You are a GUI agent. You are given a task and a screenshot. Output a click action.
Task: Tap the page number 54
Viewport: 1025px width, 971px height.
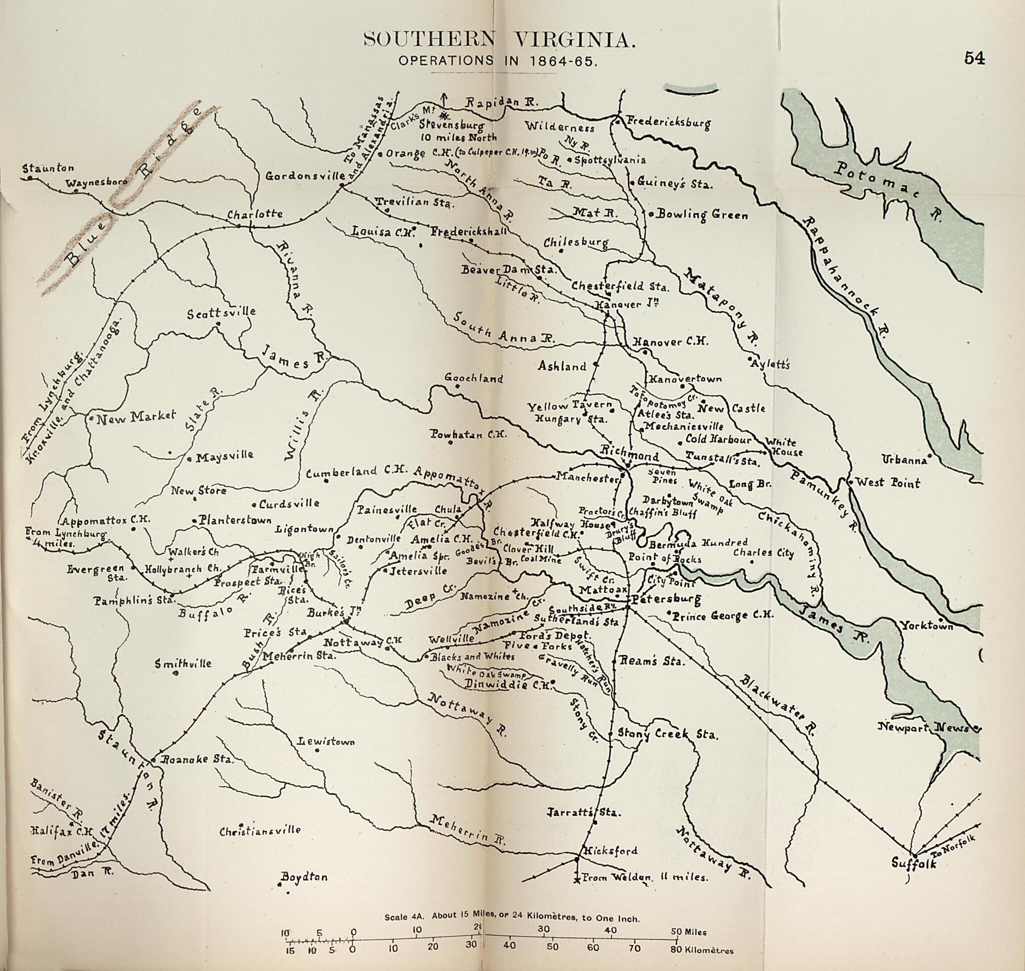[974, 59]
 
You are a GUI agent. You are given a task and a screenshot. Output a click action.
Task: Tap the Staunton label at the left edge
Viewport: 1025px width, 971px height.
[48, 168]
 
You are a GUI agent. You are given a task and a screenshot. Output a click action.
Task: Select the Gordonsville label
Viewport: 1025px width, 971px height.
[305, 177]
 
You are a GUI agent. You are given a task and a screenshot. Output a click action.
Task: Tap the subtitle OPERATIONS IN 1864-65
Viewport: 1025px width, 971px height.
[498, 60]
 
